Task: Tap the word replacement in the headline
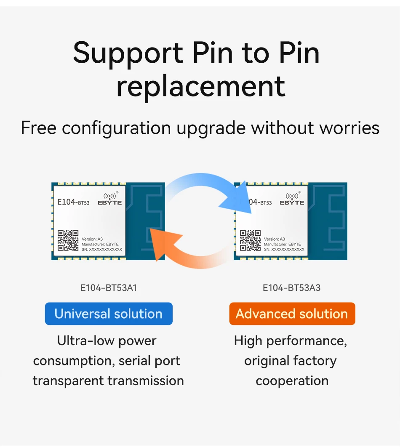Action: pyautogui.click(x=201, y=86)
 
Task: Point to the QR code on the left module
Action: pyautogui.click(x=68, y=240)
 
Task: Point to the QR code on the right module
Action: pyautogui.click(x=250, y=240)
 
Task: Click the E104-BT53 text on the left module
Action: pyautogui.click(x=73, y=202)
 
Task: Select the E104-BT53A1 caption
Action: pyautogui.click(x=109, y=288)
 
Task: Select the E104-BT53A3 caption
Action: pyautogui.click(x=292, y=288)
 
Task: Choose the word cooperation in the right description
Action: pyautogui.click(x=292, y=381)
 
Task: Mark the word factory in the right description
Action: pyautogui.click(x=315, y=361)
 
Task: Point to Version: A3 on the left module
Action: pyautogui.click(x=92, y=239)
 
